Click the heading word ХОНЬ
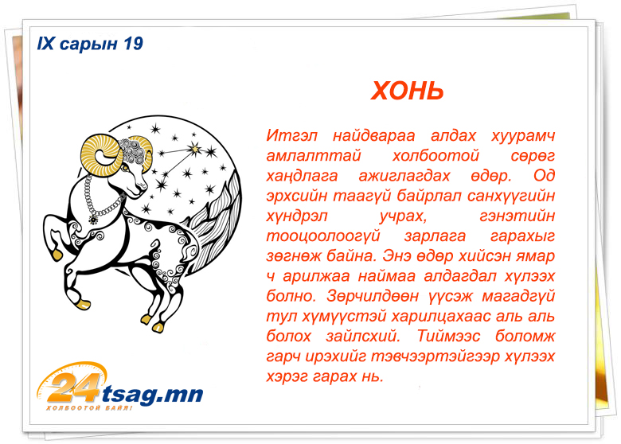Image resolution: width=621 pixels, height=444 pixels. [407, 91]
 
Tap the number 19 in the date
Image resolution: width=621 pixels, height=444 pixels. [133, 44]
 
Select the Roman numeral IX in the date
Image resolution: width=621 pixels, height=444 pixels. [45, 44]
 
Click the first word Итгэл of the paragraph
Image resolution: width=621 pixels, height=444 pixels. [291, 135]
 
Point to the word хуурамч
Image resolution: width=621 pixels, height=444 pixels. [523, 136]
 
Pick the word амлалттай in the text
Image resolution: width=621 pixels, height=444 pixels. [313, 155]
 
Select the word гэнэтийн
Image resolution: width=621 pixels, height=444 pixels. [517, 216]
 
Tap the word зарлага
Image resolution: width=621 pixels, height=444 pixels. [435, 236]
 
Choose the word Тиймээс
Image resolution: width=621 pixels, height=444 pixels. [448, 337]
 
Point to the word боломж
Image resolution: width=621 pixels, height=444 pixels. [525, 337]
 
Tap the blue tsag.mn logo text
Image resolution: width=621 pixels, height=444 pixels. [153, 395]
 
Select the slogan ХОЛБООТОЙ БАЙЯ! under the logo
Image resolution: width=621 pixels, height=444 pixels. [89, 408]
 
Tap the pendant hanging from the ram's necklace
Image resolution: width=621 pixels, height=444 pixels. [94, 219]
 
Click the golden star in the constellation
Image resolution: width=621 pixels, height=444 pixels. [194, 148]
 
